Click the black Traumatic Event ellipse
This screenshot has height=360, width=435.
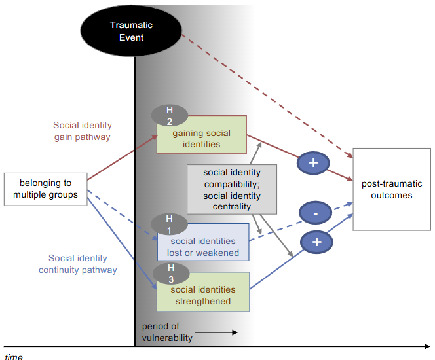[x=131, y=31]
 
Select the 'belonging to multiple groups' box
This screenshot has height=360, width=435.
[x=46, y=189]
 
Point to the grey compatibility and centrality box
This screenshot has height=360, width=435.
[x=232, y=190]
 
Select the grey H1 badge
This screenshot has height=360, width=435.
[x=168, y=224]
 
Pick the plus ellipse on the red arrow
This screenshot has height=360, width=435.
[x=314, y=162]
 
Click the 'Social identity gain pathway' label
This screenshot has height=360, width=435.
[x=83, y=131]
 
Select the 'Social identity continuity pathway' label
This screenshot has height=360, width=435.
[x=78, y=264]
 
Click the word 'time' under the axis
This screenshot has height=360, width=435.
[x=14, y=356]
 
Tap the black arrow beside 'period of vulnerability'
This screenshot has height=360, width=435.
[x=216, y=333]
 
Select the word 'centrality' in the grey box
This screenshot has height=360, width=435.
[x=232, y=207]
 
